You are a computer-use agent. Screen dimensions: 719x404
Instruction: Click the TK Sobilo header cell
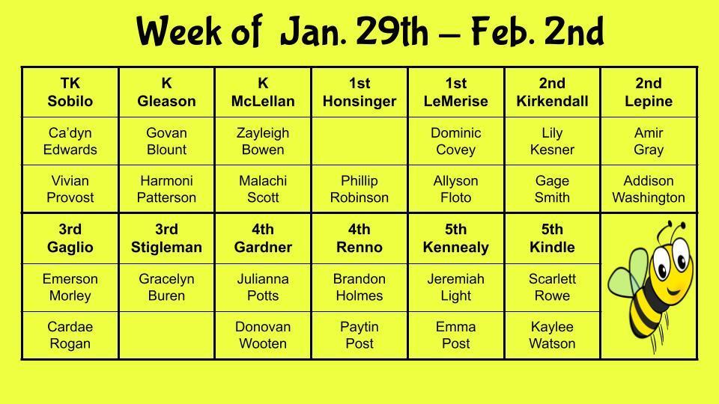click(70, 92)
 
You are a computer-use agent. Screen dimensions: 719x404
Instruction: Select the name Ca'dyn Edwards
click(70, 141)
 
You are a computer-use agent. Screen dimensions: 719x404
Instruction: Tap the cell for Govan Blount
click(166, 141)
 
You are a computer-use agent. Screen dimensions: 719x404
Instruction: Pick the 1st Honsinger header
click(359, 92)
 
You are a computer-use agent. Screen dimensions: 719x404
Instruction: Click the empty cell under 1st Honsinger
click(359, 141)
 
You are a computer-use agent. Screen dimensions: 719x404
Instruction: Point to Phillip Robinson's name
click(359, 189)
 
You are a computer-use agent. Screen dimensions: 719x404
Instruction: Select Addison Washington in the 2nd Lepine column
click(649, 189)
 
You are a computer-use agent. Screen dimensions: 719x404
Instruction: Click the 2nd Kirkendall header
click(552, 92)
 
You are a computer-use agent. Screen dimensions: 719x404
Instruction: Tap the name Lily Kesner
click(552, 141)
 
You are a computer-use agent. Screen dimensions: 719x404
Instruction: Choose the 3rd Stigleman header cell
click(166, 238)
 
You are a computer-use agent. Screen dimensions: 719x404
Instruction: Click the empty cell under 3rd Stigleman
click(166, 335)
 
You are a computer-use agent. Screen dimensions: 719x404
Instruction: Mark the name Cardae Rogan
click(70, 335)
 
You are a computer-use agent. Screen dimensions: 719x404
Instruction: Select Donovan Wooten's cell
click(263, 335)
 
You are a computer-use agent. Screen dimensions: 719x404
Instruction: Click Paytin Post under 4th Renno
click(359, 335)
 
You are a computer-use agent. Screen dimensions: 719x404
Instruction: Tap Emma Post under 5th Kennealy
click(456, 335)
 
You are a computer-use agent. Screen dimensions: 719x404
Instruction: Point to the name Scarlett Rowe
click(552, 287)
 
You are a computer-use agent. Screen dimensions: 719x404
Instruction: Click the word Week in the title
click(179, 31)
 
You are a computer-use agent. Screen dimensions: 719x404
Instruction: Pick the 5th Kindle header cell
click(552, 238)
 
